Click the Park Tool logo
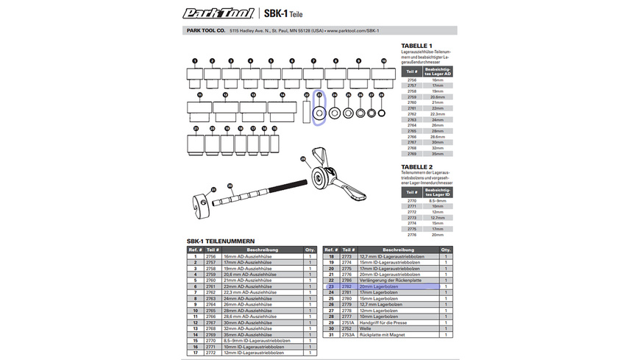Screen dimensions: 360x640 (218, 13)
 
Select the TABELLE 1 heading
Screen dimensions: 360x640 (417, 46)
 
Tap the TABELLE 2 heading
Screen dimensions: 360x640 (417, 166)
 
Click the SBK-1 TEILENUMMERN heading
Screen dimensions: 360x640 (221, 240)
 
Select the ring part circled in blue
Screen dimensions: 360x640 (319, 113)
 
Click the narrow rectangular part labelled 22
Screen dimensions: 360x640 (307, 113)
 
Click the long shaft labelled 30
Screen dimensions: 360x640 (257, 194)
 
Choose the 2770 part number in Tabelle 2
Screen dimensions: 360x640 (411, 200)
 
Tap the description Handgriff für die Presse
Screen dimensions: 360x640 (394, 322)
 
